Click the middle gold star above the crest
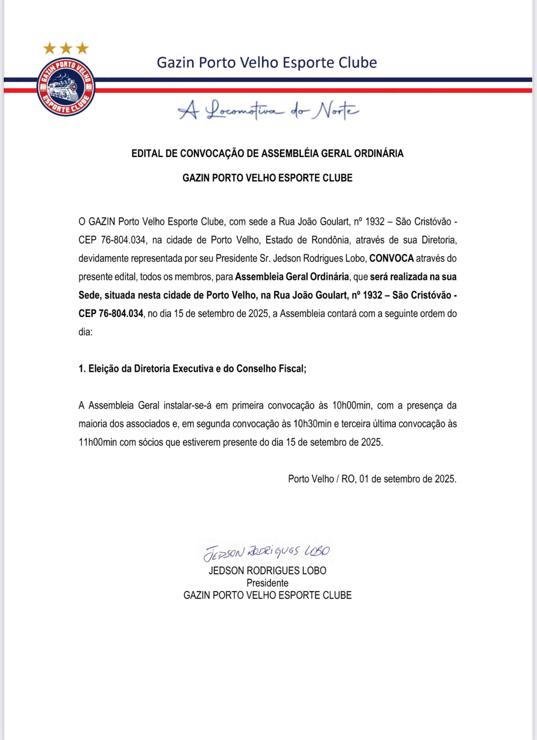pos(66,48)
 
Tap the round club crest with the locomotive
pos(66,87)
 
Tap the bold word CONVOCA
pos(391,258)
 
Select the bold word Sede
pos(89,295)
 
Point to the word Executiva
pos(193,369)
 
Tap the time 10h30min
pos(312,424)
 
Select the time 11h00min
pos(98,442)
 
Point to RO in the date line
pos(347,479)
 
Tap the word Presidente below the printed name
pos(267,583)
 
